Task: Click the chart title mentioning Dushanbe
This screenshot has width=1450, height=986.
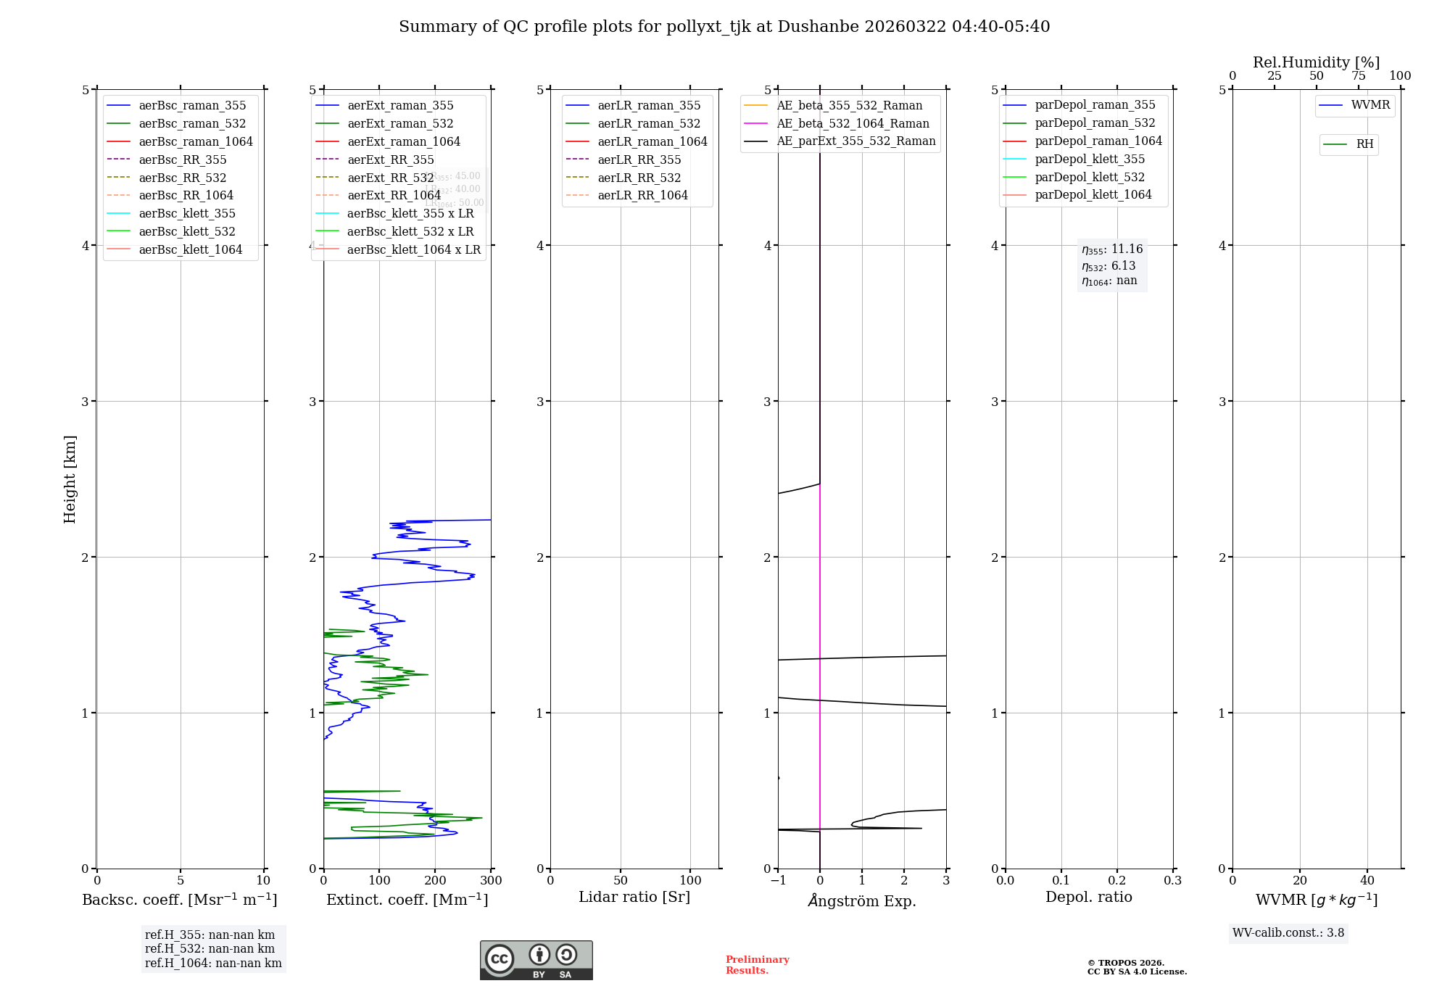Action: point(724,27)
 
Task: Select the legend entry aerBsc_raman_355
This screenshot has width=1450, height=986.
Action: point(192,106)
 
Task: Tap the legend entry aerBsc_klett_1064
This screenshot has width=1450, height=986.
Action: point(190,250)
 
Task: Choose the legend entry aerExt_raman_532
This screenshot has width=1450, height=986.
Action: point(400,124)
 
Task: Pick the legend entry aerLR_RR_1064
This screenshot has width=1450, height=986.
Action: point(642,196)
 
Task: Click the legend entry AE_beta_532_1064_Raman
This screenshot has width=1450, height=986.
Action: point(853,124)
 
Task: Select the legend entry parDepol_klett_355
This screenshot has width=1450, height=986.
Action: point(1090,159)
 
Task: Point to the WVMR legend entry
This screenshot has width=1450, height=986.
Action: point(1370,105)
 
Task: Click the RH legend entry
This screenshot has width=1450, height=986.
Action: point(1364,144)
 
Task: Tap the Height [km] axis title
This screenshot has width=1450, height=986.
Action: point(70,478)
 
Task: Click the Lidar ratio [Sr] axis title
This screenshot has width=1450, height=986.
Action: point(634,897)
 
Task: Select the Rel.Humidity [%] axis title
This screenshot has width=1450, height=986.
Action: point(1316,62)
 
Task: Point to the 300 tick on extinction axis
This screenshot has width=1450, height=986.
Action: point(491,881)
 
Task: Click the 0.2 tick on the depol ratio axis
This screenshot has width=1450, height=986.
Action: point(1117,881)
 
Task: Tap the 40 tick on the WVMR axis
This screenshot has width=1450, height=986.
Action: point(1367,881)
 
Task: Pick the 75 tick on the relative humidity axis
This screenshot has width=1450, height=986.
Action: point(1358,76)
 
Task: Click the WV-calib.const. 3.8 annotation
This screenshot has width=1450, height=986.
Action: point(1288,933)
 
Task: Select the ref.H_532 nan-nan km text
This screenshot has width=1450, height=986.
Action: point(210,949)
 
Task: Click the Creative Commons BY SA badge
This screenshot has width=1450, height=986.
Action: point(536,961)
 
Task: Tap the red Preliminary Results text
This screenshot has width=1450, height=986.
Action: point(757,965)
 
